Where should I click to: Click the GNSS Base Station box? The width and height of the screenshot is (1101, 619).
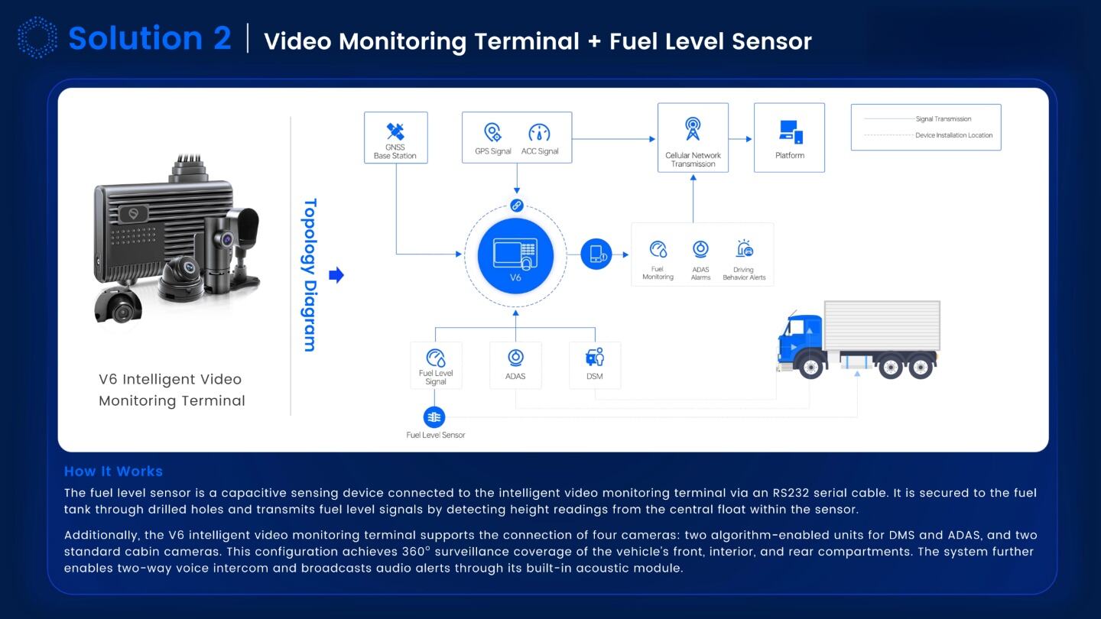395,138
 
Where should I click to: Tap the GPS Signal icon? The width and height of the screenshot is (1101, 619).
493,133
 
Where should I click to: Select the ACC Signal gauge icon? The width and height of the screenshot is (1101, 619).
540,133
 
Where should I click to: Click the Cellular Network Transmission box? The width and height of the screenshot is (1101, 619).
693,138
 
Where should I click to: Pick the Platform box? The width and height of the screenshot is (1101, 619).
789,138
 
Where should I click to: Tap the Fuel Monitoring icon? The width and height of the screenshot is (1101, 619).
658,250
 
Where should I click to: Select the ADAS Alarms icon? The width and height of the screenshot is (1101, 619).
700,250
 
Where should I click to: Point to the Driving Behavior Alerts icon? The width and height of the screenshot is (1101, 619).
744,249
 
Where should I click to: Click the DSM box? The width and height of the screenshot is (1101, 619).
595,365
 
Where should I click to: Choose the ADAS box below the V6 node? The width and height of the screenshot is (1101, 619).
515,365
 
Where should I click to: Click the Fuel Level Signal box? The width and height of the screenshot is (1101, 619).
436,365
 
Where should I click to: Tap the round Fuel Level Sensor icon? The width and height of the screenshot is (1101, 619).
434,417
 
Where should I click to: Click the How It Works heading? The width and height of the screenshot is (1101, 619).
113,472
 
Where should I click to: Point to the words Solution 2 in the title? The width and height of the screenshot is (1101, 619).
150,38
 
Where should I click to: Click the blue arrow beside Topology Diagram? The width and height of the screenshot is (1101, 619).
336,275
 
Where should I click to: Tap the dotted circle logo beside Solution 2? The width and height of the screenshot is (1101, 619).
37,37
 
